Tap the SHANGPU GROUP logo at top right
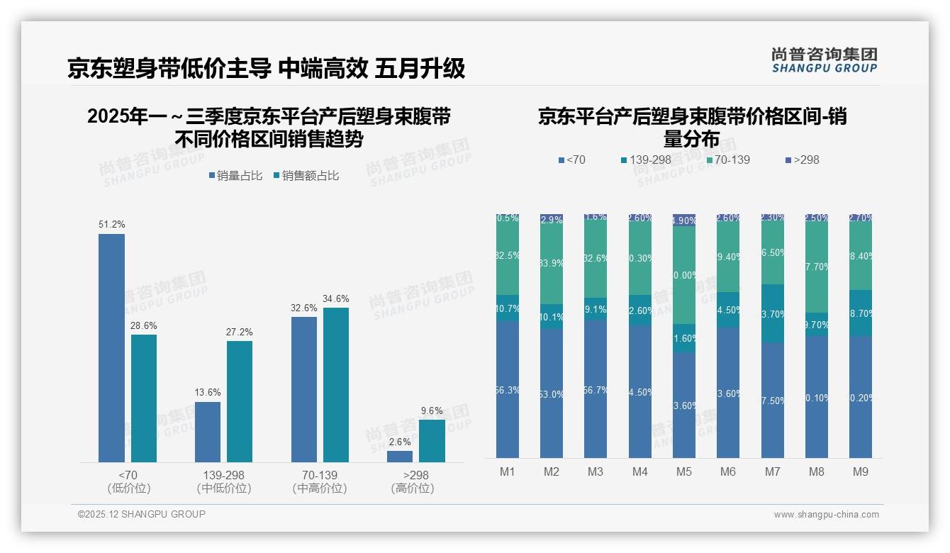(824, 60)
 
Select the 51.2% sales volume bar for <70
(111, 347)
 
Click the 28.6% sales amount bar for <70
(144, 398)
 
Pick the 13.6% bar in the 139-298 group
(208, 432)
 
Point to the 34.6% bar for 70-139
(336, 384)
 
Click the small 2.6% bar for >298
(400, 457)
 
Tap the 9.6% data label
(431, 410)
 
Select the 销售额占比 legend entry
(306, 176)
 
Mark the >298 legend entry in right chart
(802, 160)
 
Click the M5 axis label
(683, 471)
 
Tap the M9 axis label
(860, 471)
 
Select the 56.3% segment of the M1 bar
(508, 389)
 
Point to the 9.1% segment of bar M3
(596, 309)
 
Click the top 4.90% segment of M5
(684, 220)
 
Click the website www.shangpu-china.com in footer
(826, 515)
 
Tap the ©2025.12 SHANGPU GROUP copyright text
(142, 514)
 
